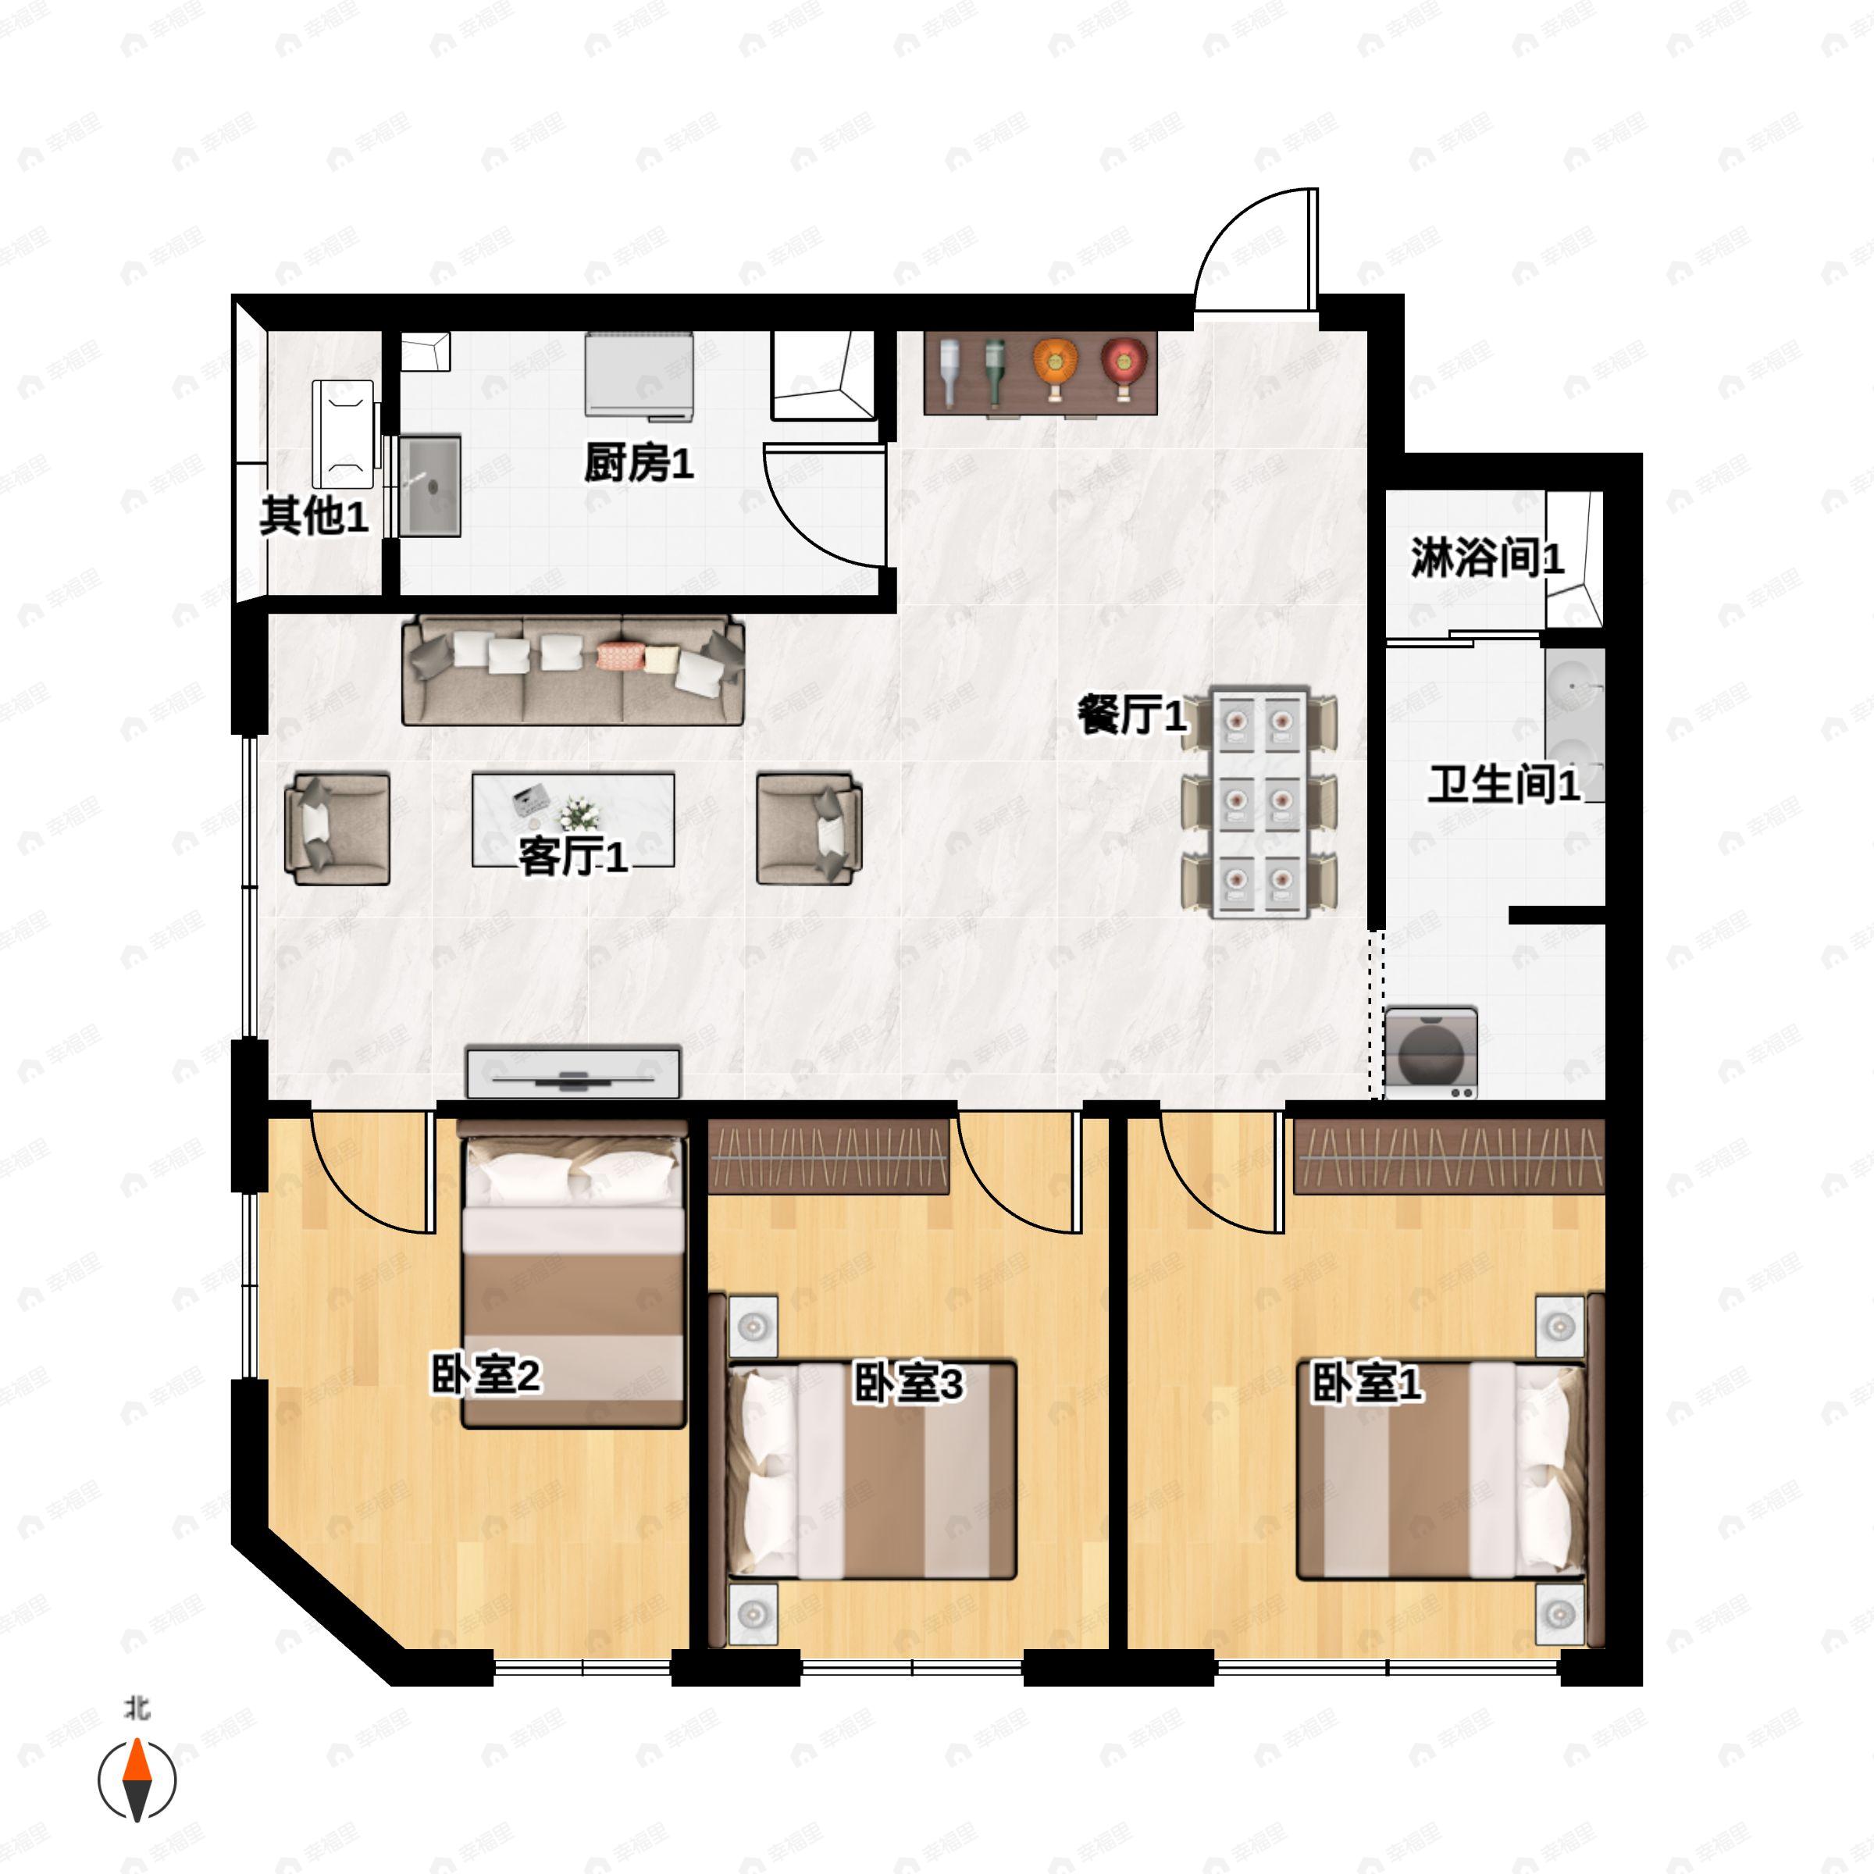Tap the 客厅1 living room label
(x=573, y=857)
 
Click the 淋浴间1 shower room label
(x=1487, y=558)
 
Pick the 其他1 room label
(x=314, y=515)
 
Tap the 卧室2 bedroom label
(x=486, y=1375)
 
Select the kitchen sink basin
(x=429, y=486)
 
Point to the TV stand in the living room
(x=573, y=1072)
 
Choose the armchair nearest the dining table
(x=809, y=828)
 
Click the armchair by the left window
(x=337, y=828)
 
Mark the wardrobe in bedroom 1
(x=1449, y=1156)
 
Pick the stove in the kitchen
(x=638, y=376)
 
